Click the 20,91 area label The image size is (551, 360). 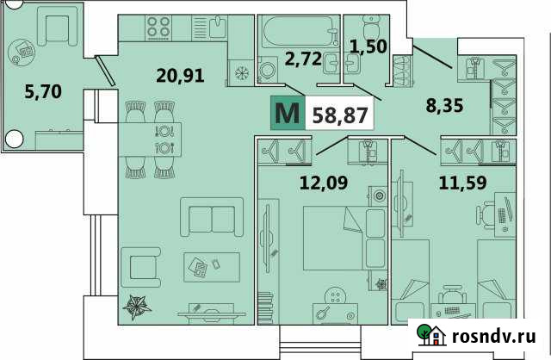point(181,75)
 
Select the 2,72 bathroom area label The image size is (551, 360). point(303,59)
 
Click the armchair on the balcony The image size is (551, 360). point(57,31)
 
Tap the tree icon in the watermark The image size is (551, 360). point(424,334)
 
